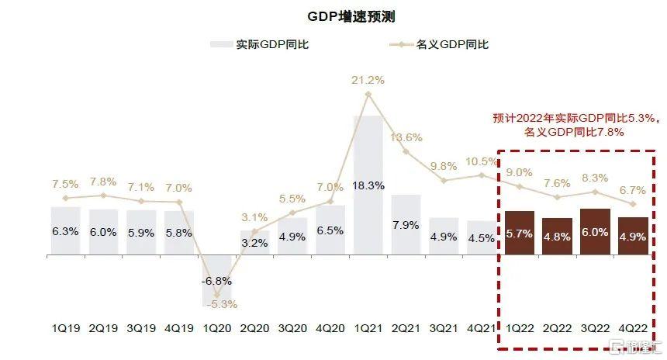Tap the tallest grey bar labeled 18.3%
pyautogui.click(x=368, y=185)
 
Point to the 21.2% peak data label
pyautogui.click(x=368, y=80)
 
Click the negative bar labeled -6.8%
pyautogui.click(x=217, y=279)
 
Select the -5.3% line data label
pyautogui.click(x=217, y=304)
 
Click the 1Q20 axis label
pyautogui.click(x=217, y=328)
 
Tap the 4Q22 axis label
pyautogui.click(x=633, y=328)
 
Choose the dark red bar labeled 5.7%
pyautogui.click(x=520, y=233)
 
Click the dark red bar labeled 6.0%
pyautogui.click(x=595, y=231)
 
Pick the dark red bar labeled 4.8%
pyautogui.click(x=557, y=236)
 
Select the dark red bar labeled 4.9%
pyautogui.click(x=633, y=236)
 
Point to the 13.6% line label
pyautogui.click(x=406, y=137)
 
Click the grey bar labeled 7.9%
pyautogui.click(x=406, y=224)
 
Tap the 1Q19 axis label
pyautogui.click(x=65, y=328)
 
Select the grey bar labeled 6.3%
pyautogui.click(x=65, y=230)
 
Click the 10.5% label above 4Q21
pyautogui.click(x=482, y=161)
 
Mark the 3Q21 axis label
pyautogui.click(x=444, y=328)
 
